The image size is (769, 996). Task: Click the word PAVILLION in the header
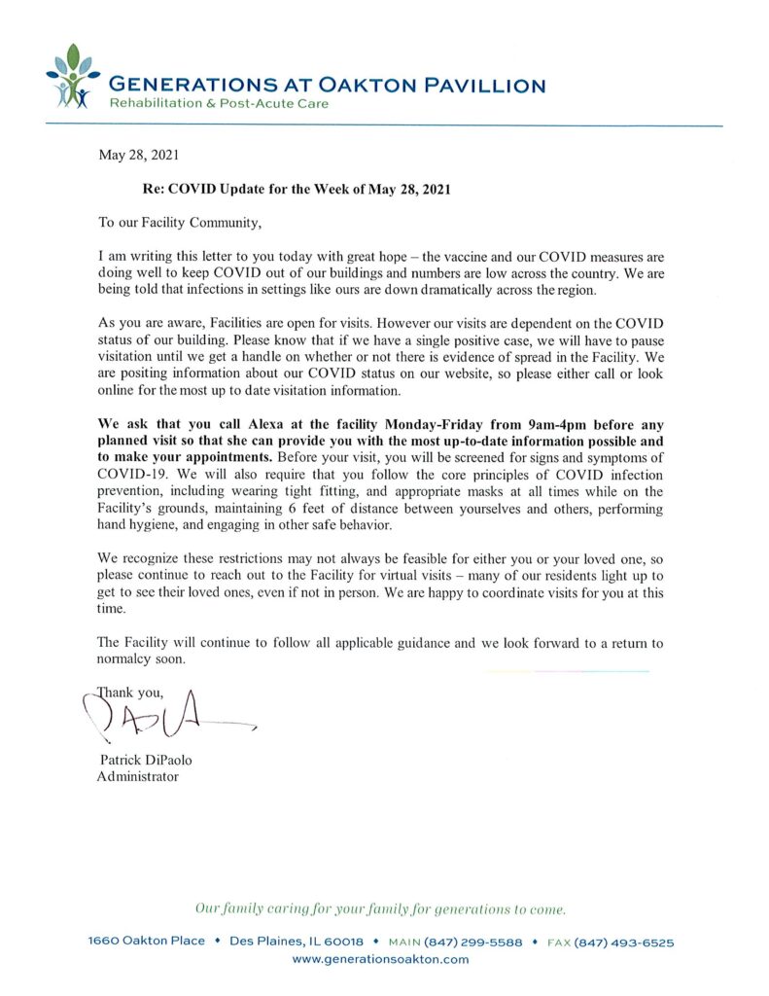click(484, 86)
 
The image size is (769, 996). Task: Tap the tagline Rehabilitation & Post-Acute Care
click(218, 104)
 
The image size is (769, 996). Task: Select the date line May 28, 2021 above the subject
click(138, 154)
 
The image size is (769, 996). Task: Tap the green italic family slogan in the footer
click(380, 909)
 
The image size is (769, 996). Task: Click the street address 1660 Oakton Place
click(147, 942)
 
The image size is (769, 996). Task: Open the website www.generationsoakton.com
click(380, 959)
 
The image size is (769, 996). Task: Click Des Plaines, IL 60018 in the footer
click(297, 942)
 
